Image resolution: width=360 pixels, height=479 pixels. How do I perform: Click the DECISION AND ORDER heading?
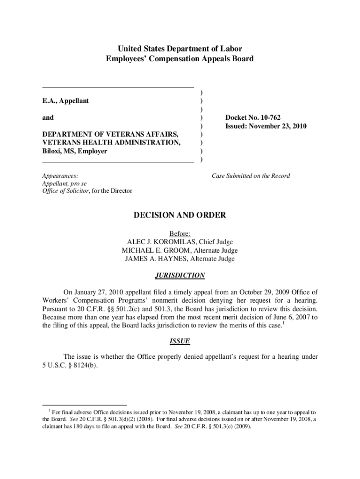click(x=180, y=216)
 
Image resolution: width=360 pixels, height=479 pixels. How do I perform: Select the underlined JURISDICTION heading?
click(x=180, y=276)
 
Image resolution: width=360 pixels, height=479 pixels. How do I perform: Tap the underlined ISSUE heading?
click(x=180, y=341)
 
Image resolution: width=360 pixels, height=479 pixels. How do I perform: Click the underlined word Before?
click(x=180, y=233)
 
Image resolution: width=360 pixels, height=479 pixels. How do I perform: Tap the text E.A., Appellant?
click(x=65, y=101)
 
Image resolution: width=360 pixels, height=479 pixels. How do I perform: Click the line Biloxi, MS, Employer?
click(x=74, y=152)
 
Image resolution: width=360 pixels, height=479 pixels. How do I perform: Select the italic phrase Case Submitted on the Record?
click(x=251, y=176)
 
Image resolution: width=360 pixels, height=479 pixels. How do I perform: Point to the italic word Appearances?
click(x=60, y=176)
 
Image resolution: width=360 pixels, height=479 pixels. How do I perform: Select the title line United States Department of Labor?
click(x=180, y=49)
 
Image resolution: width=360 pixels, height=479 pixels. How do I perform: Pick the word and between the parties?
click(x=48, y=118)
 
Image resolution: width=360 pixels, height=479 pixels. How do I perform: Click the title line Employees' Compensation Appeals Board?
click(x=180, y=59)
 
